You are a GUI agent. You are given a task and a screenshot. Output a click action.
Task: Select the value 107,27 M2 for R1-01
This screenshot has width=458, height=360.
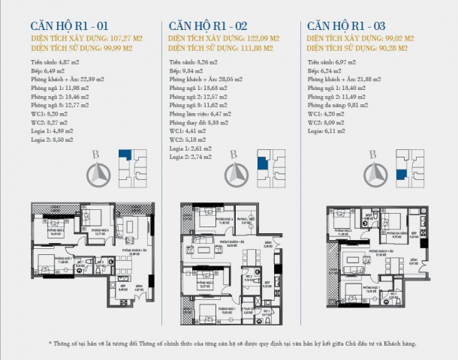coord(124,37)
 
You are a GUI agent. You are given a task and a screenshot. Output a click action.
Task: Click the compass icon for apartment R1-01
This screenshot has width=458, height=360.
coord(96,174)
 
